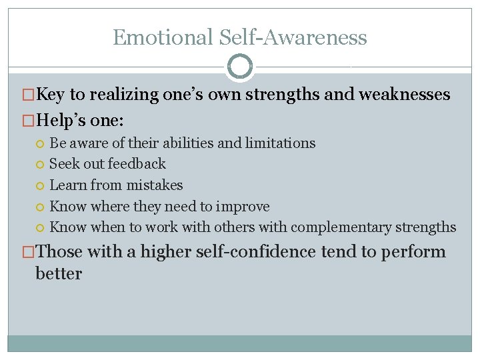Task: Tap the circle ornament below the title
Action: tap(240, 67)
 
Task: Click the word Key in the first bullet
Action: tap(50, 95)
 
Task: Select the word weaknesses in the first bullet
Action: tap(404, 95)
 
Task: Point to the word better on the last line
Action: tap(59, 273)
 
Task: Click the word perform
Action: tap(413, 252)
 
